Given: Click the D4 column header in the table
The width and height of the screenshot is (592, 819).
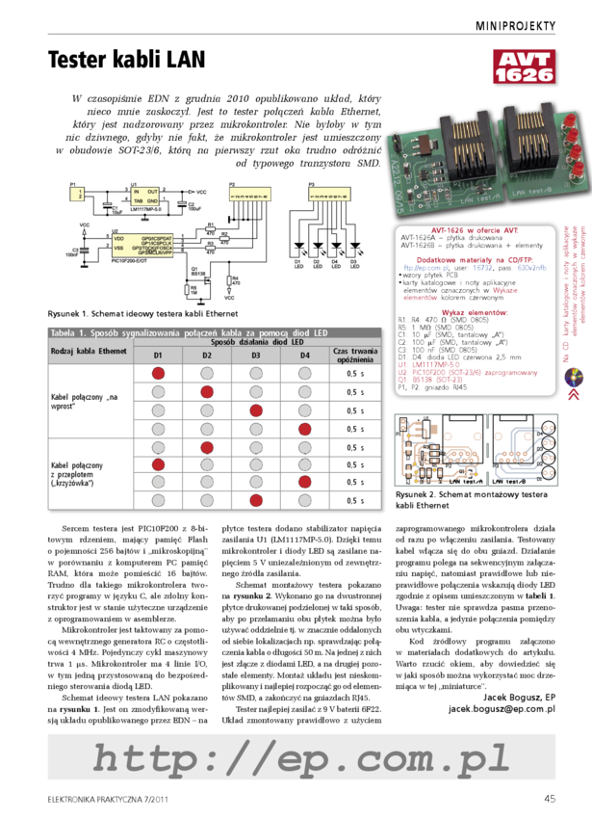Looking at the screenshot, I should (x=304, y=355).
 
